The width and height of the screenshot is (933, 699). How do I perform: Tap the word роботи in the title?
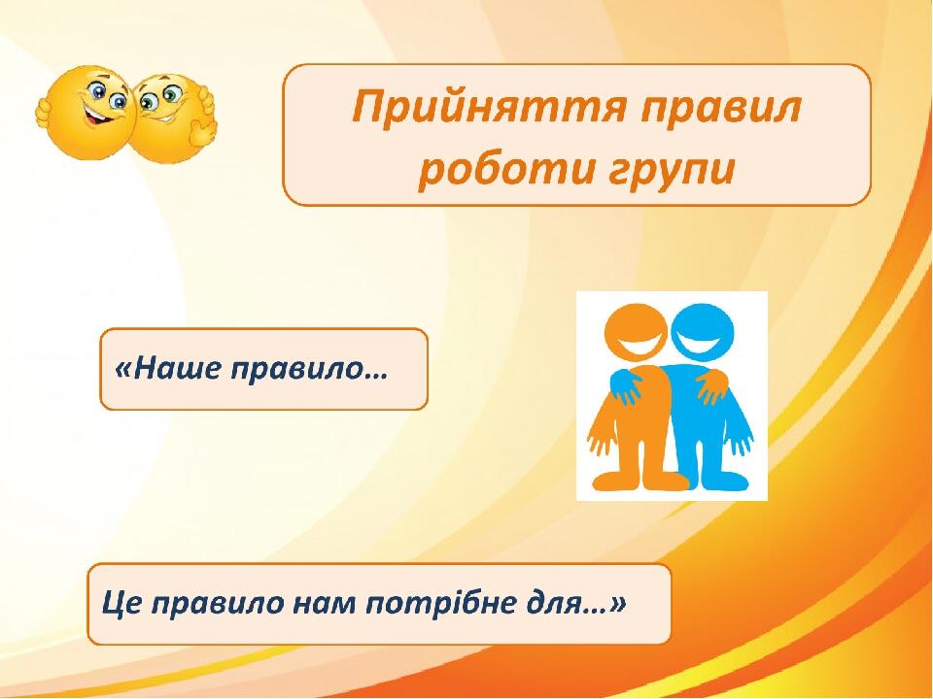tap(506, 169)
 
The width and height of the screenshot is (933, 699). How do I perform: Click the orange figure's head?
tap(636, 332)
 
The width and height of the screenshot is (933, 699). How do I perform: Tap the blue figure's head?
tap(702, 332)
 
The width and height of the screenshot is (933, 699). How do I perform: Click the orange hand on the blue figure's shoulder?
tap(712, 386)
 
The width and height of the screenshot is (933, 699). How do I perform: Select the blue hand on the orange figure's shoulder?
tap(625, 386)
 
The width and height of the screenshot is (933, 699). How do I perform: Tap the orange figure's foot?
tap(619, 481)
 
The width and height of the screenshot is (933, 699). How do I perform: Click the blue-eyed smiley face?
tap(89, 113)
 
